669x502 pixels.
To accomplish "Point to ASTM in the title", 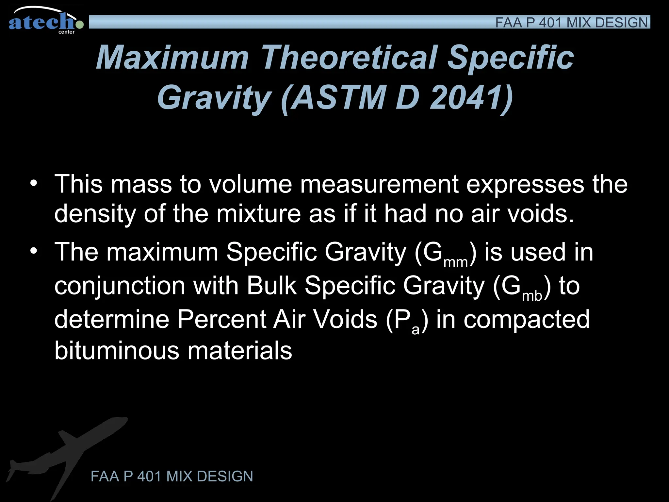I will (x=338, y=97).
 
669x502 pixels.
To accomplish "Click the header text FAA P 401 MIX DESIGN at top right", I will (x=571, y=23).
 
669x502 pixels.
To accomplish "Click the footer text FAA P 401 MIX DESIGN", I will (x=172, y=476).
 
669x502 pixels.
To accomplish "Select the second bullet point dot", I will (x=33, y=251).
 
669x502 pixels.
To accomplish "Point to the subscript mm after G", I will (x=456, y=262).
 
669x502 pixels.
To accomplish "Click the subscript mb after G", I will (x=532, y=296).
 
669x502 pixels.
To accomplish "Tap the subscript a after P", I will (x=416, y=330).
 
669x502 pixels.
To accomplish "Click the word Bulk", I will (x=271, y=286).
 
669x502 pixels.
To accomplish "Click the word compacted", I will (x=527, y=320).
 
